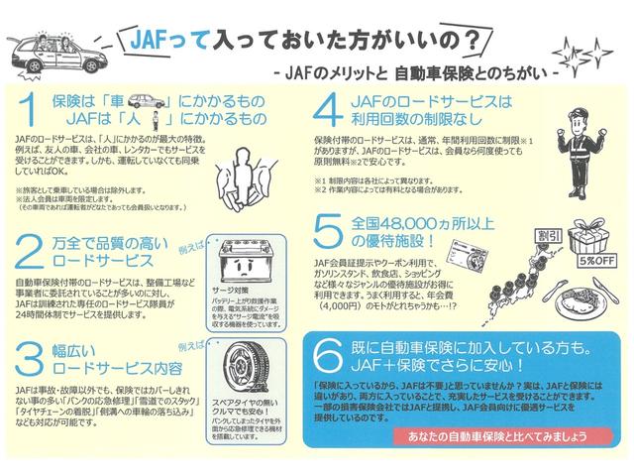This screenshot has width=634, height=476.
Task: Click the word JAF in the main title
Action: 155,42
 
